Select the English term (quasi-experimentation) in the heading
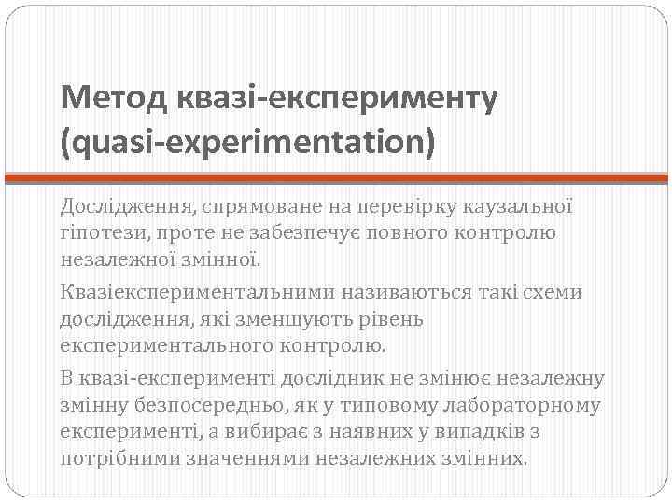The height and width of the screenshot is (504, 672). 247,144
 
